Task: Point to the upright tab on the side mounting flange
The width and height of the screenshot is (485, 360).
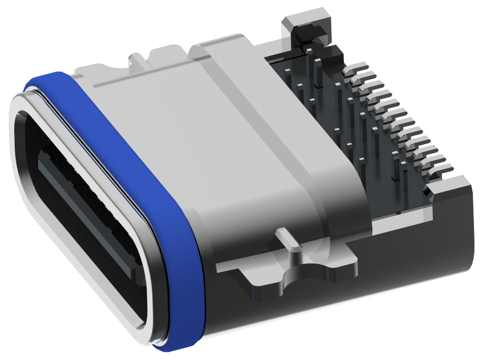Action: (288, 239)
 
